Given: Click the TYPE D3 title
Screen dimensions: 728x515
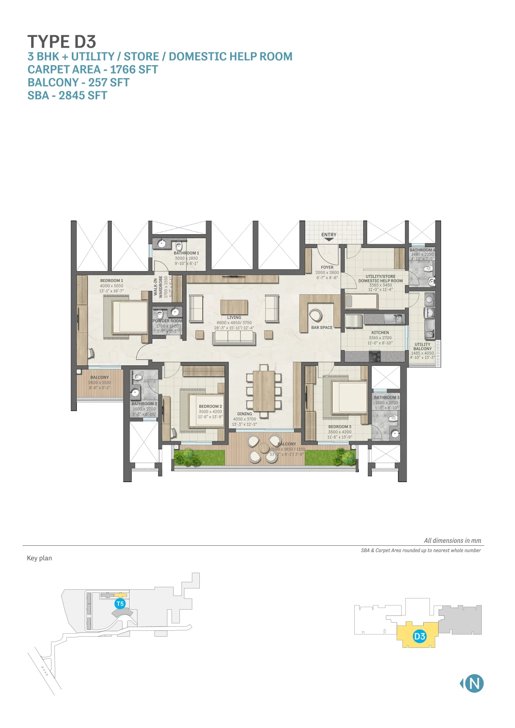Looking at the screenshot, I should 62,42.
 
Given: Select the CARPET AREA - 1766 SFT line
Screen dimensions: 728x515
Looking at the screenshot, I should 93,69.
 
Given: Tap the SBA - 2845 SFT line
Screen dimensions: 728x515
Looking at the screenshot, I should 67,96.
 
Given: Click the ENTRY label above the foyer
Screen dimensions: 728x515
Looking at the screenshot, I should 329,235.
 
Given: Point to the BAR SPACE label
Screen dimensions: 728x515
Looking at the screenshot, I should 322,328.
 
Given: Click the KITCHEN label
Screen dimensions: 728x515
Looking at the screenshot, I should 380,333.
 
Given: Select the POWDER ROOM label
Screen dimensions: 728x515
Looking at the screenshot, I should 167,321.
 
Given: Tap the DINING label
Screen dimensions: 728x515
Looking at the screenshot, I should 245,414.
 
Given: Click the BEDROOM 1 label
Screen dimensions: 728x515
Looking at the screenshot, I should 112,281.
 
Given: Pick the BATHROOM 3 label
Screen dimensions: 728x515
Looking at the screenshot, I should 386,397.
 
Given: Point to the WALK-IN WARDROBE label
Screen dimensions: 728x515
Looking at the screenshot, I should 158,286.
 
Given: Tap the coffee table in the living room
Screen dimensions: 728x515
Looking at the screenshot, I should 234,307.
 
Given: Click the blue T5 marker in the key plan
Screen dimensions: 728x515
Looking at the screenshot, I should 120,604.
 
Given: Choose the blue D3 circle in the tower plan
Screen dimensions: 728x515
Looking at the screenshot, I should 419,636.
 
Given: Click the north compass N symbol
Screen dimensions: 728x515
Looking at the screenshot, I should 474,684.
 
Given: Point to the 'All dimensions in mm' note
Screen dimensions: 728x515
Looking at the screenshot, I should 452,541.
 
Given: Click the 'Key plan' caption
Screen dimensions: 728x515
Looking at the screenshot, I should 39,558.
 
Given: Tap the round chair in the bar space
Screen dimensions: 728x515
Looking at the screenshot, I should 315,316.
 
